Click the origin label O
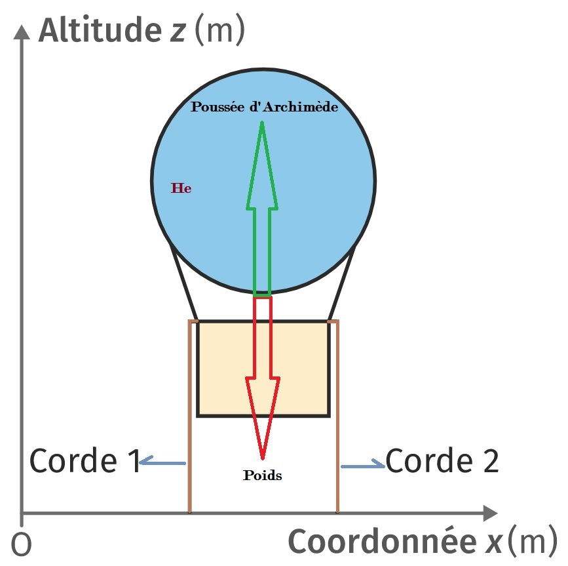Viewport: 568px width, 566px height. pyautogui.click(x=22, y=544)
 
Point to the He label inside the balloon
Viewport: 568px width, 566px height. pyautogui.click(x=181, y=188)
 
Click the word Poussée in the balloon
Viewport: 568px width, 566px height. pyautogui.click(x=218, y=107)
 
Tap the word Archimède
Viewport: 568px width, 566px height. pyautogui.click(x=301, y=107)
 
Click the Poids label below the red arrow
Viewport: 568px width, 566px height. pyautogui.click(x=262, y=475)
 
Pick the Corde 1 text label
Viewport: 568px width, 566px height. pyautogui.click(x=85, y=460)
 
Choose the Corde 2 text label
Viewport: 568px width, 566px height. pyautogui.click(x=442, y=460)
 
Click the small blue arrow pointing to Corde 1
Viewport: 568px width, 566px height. pyautogui.click(x=162, y=461)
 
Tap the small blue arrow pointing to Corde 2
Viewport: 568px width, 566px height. pyautogui.click(x=363, y=464)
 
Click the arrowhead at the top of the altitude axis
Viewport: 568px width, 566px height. pyautogui.click(x=22, y=31)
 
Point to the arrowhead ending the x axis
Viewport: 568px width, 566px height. pyautogui.click(x=491, y=513)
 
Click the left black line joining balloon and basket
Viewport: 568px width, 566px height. pyautogui.click(x=183, y=283)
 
